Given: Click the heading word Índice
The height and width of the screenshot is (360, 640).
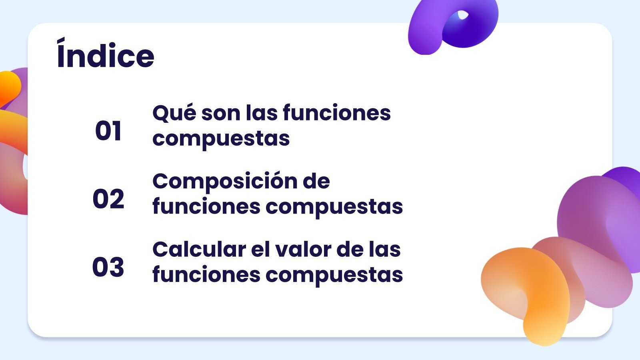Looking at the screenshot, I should point(106,56).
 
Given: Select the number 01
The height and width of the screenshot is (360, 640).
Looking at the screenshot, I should point(108,131).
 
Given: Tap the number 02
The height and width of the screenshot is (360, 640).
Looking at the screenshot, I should point(108,199).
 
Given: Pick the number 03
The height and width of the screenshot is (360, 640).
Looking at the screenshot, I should point(108,267).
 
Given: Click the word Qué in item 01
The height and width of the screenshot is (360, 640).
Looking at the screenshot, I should point(174,113).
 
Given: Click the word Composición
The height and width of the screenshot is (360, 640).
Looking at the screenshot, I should point(224,182).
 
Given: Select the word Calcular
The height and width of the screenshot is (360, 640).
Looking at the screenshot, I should point(199,250).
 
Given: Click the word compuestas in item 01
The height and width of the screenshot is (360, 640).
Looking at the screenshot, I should point(221,139).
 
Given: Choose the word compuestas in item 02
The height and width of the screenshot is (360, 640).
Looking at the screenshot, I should point(334,207).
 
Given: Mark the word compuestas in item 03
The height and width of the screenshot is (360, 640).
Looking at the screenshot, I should point(334,275).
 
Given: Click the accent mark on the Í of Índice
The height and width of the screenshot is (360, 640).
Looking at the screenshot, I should point(61,40).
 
